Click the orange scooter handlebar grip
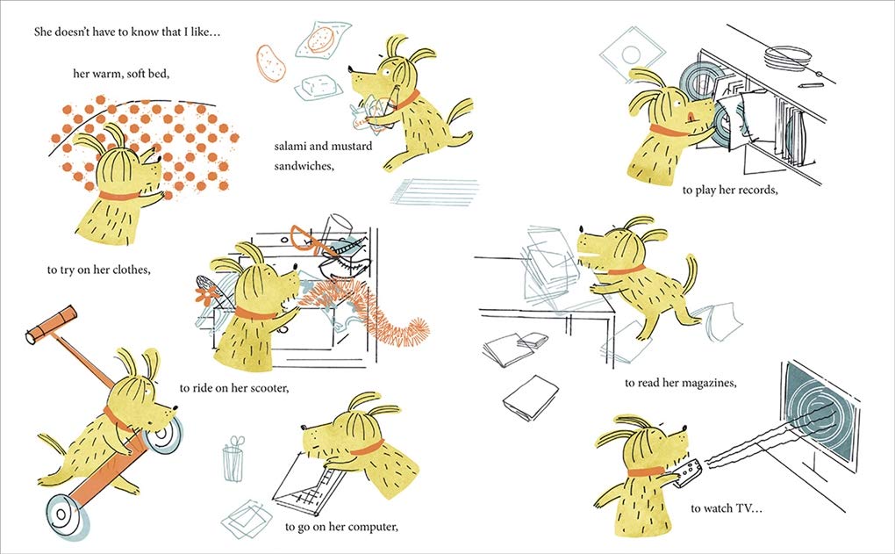pos(52,325)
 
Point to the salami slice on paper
pos(321,40)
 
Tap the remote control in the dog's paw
pos(687,473)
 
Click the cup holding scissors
pos(233,463)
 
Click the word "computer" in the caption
pos(373,527)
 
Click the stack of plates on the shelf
pos(788,57)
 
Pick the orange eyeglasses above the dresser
pos(311,239)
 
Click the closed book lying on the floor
pos(530,398)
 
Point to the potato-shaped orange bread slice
pos(271,63)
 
